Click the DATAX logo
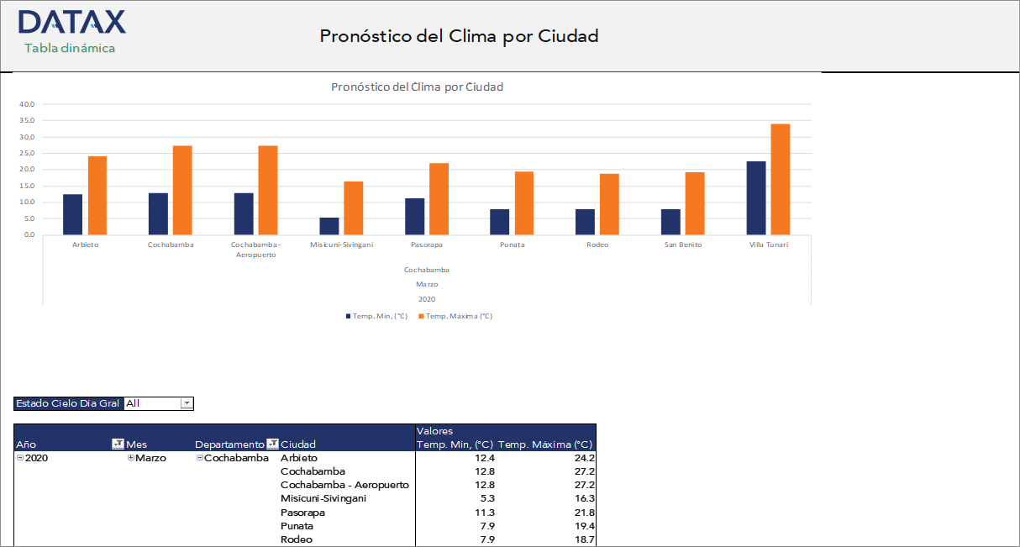click(x=71, y=22)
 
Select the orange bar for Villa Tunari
click(x=781, y=179)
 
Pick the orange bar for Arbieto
click(x=97, y=195)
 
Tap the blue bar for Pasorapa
click(x=414, y=216)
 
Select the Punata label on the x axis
click(x=512, y=245)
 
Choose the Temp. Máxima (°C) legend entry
click(x=459, y=316)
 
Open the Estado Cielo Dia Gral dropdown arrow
click(x=187, y=403)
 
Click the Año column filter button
click(x=118, y=444)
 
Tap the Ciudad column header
click(x=299, y=444)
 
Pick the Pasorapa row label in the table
click(x=302, y=513)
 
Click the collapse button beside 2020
click(x=20, y=458)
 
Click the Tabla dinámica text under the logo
click(x=70, y=48)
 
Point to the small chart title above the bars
click(x=417, y=87)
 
